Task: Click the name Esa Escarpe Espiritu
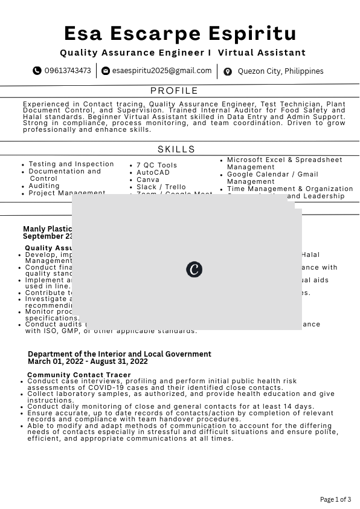[x=180, y=33]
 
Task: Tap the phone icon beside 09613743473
[x=37, y=71]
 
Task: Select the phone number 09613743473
[x=68, y=71]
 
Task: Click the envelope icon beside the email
[x=106, y=71]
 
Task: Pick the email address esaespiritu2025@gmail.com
[x=162, y=71]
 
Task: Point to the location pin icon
[x=228, y=71]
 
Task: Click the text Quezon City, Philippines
[x=280, y=71]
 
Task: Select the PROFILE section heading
[x=174, y=91]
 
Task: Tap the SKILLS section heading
[x=176, y=149]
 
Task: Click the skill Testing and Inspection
[x=71, y=164]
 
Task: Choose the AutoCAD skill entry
[x=153, y=172]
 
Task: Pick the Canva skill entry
[x=148, y=180]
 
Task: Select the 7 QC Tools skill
[x=156, y=165]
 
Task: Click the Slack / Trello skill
[x=161, y=187]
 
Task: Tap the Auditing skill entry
[x=44, y=186]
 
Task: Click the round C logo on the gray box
[x=194, y=269]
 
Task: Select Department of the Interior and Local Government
[x=120, y=354]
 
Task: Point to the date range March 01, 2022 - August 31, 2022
[x=88, y=361]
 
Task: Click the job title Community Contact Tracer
[x=79, y=375]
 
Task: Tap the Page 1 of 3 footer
[x=335, y=499]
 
